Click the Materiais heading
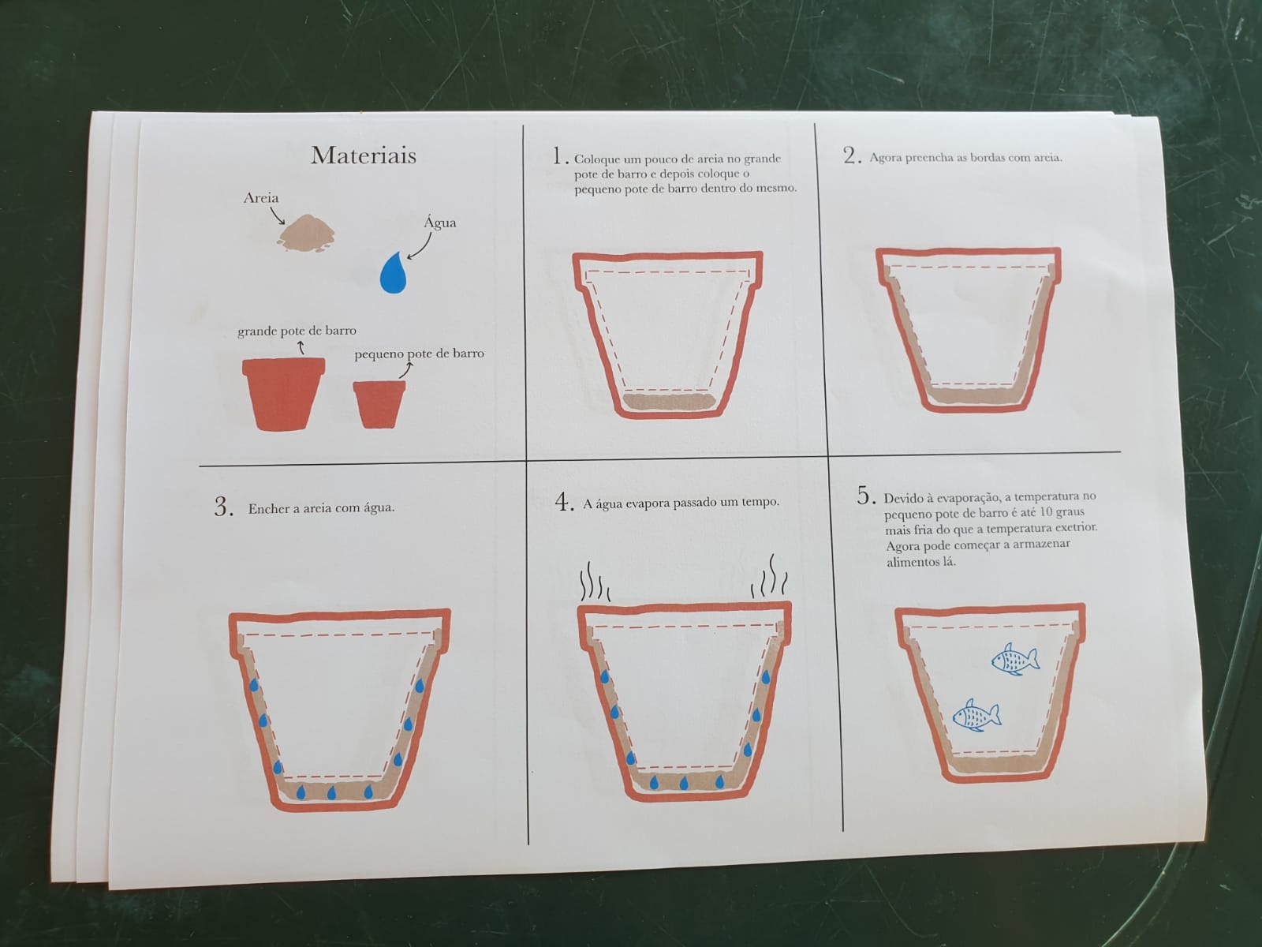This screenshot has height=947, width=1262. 364,155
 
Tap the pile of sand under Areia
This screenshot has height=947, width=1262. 307,234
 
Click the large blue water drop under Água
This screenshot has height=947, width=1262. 394,273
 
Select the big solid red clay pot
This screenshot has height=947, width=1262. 283,394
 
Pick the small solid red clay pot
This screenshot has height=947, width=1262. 379,404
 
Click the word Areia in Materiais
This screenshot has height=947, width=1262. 260,198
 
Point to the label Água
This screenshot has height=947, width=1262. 440,222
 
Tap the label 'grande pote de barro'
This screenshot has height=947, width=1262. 297,331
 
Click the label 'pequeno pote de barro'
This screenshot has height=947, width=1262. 419,354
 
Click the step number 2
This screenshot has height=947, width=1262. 852,155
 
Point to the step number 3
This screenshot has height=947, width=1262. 224,507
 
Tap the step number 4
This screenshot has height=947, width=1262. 564,501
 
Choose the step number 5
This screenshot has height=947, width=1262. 866,495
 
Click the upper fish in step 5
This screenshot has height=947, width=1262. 1015,659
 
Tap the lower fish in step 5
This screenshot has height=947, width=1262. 976,715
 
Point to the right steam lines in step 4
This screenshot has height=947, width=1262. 769,576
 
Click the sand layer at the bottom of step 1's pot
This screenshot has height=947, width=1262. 669,402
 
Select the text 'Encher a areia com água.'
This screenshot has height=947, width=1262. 321,508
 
